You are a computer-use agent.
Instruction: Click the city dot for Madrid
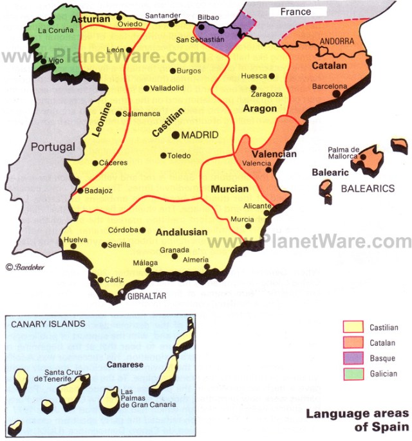176,135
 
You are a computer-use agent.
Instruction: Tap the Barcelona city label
330,85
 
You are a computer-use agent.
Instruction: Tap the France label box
295,12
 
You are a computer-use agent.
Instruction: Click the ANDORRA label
336,41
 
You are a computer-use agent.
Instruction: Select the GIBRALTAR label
147,296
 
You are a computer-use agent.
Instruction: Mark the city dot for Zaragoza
254,87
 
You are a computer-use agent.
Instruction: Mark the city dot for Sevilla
104,244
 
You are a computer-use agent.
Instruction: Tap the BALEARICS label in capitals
367,188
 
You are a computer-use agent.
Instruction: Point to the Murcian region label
229,189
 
